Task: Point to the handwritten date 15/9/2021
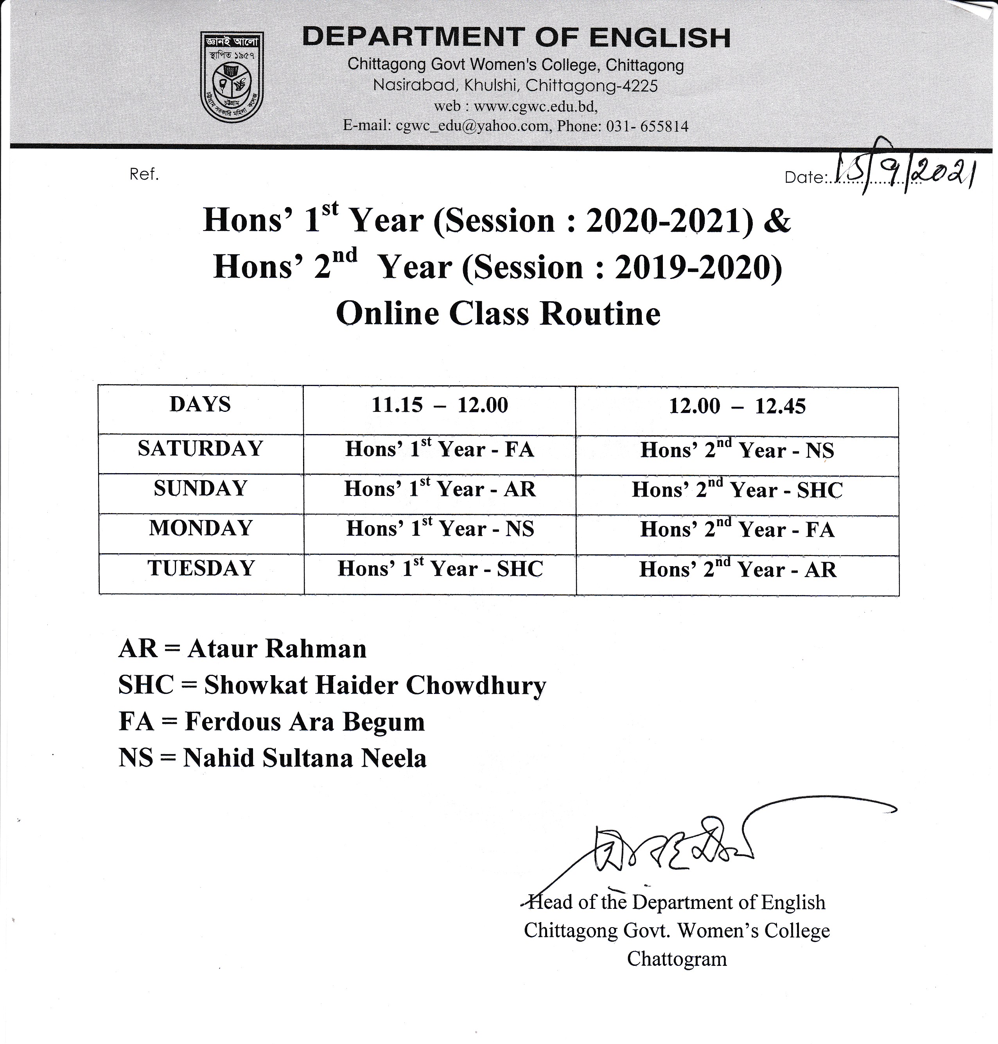click(x=905, y=171)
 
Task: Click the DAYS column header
click(x=201, y=404)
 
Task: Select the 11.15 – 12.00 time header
click(x=440, y=405)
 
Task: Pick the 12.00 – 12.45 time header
click(x=737, y=406)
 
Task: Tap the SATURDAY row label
click(x=201, y=449)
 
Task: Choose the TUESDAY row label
click(x=201, y=568)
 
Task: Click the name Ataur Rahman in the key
click(x=276, y=649)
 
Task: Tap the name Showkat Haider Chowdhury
click(x=375, y=685)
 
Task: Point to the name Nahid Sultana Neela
click(x=305, y=758)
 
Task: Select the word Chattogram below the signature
click(x=677, y=958)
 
